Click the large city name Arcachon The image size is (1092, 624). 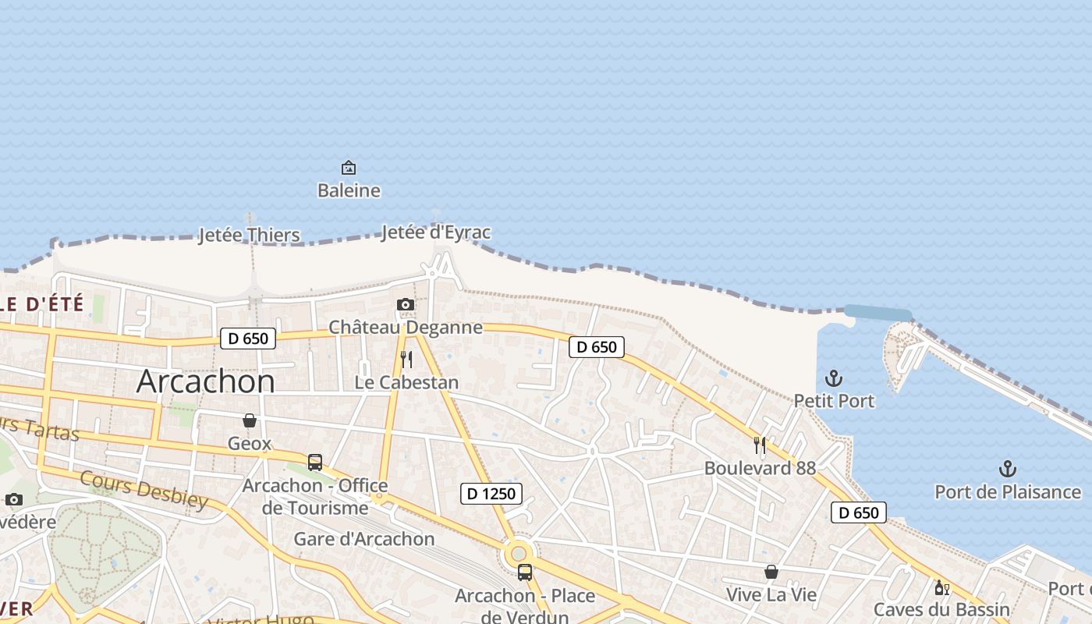pyautogui.click(x=205, y=381)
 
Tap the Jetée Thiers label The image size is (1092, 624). pyautogui.click(x=249, y=235)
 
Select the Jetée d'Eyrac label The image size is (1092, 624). pyautogui.click(x=436, y=232)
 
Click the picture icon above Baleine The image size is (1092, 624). pyautogui.click(x=349, y=167)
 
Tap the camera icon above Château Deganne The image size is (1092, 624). pyautogui.click(x=406, y=304)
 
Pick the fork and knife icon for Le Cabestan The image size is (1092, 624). pyautogui.click(x=406, y=360)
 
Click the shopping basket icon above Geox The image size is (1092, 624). pyautogui.click(x=250, y=420)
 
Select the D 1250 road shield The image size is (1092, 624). pyautogui.click(x=491, y=493)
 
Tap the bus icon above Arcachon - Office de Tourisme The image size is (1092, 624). pyautogui.click(x=315, y=462)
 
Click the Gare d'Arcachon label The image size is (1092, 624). pyautogui.click(x=363, y=539)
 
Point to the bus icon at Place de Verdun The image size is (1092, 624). pyautogui.click(x=525, y=572)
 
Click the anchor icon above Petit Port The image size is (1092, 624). pyautogui.click(x=834, y=379)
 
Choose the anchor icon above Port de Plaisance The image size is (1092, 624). pyautogui.click(x=1008, y=469)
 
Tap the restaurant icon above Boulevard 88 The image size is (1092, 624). pyautogui.click(x=760, y=445)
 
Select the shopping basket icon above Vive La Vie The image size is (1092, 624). pyautogui.click(x=771, y=572)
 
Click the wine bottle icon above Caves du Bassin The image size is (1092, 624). pyautogui.click(x=941, y=587)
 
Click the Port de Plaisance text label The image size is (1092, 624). pyautogui.click(x=1008, y=492)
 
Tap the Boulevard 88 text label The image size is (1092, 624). pyautogui.click(x=760, y=468)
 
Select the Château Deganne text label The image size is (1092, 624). pyautogui.click(x=406, y=327)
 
